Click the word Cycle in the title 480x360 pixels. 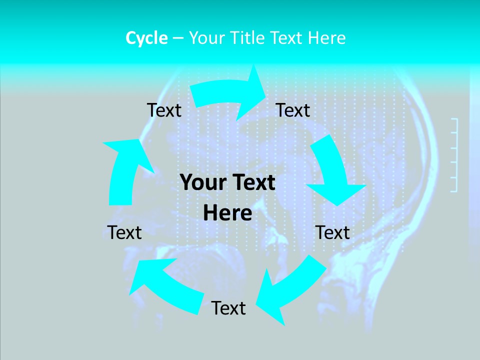pos(146,38)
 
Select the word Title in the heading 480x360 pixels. pos(249,38)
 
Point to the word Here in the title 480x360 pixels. pos(326,38)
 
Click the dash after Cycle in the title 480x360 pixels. pos(178,38)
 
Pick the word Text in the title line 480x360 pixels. pos(287,38)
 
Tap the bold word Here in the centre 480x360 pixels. pos(227,213)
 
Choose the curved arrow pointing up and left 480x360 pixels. pos(165,285)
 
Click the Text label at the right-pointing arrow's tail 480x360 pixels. pos(164,110)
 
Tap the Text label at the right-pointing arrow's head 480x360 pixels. pos(293,110)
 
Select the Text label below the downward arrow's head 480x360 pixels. pos(332,232)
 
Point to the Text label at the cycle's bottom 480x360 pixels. pos(228,308)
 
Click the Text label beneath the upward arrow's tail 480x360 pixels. pos(124,232)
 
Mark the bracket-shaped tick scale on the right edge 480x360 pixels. pos(454,155)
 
